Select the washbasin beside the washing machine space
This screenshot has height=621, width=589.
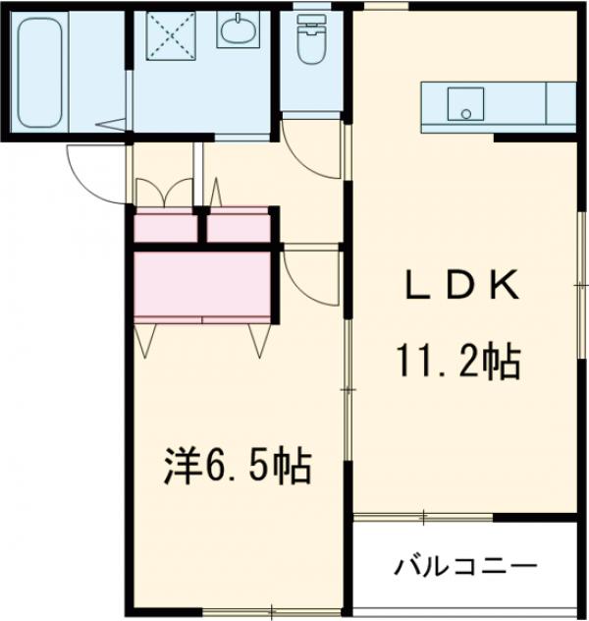coord(236,32)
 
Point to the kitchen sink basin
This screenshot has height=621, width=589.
coord(462,102)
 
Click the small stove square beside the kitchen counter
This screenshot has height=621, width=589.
coord(561,101)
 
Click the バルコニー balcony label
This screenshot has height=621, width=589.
coord(466,568)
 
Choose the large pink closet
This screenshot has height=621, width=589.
coord(201,285)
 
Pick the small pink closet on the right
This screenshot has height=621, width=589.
coord(239,227)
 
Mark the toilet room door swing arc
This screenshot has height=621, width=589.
coord(311,147)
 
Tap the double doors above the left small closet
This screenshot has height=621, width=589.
coord(165,193)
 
